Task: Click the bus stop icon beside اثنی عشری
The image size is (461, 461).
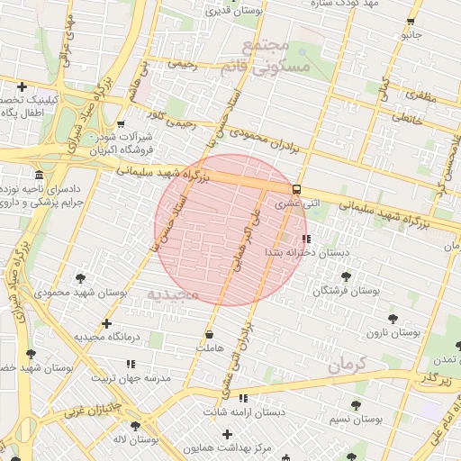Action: tap(296, 189)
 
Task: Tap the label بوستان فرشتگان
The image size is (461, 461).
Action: tap(347, 291)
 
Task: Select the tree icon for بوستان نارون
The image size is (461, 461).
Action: tap(393, 318)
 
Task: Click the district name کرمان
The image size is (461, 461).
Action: tap(348, 365)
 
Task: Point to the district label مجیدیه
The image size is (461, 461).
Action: tap(172, 294)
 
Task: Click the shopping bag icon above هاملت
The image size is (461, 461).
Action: tap(209, 335)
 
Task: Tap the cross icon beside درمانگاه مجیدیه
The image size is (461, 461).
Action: tap(107, 323)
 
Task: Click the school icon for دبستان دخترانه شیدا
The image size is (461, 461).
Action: tap(307, 239)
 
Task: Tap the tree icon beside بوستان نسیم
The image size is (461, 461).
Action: tap(355, 405)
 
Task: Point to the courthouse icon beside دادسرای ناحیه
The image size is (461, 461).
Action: tap(39, 175)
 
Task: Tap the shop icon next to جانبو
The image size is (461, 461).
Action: tap(411, 22)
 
